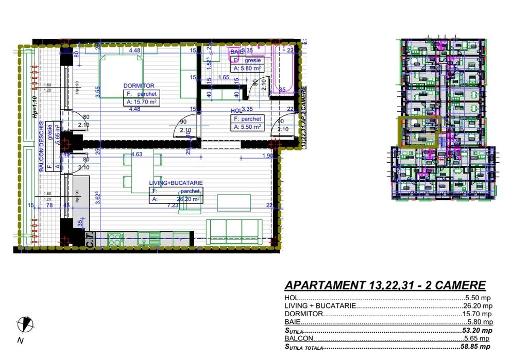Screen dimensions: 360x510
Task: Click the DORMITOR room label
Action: click(139, 85)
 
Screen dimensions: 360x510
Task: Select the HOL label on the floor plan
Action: click(236, 110)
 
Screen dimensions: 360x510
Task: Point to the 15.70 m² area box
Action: click(141, 102)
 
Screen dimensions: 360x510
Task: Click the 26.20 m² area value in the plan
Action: click(188, 199)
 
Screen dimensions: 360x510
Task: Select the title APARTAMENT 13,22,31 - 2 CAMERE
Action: click(385, 285)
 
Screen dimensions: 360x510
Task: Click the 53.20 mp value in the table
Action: click(478, 330)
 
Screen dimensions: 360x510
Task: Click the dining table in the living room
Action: click(142, 173)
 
